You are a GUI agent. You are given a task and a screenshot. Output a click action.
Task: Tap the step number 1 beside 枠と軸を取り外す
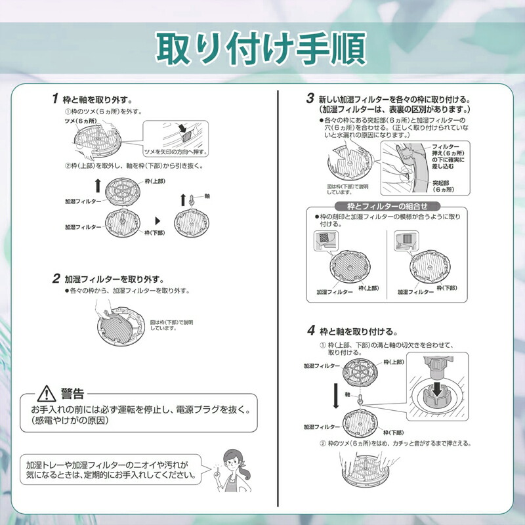[54, 99]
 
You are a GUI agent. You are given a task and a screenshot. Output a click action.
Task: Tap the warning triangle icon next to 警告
[48, 394]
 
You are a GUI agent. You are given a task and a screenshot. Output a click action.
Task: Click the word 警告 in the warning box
[72, 394]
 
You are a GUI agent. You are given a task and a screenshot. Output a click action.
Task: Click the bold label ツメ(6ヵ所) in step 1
[80, 122]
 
